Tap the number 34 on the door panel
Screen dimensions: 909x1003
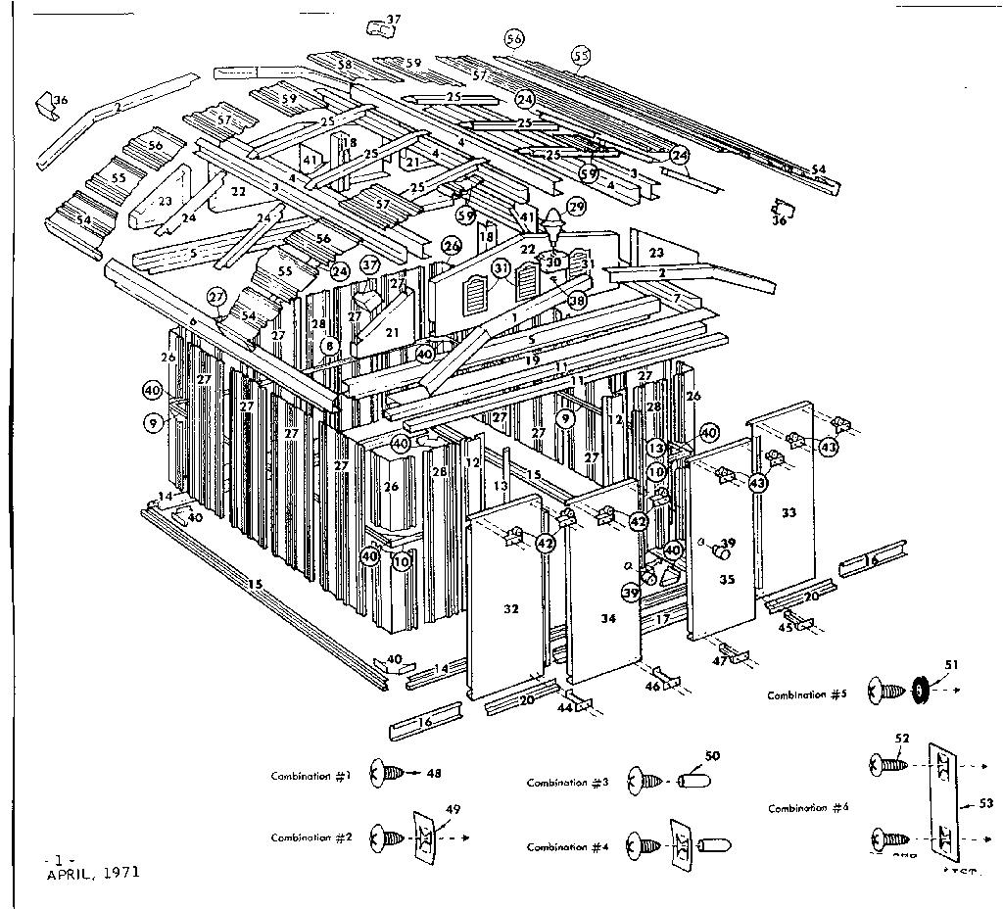(x=606, y=618)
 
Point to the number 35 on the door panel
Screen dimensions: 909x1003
(x=727, y=580)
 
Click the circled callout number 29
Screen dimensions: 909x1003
(x=576, y=207)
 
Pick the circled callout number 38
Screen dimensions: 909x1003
(x=577, y=302)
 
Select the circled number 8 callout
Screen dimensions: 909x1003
(x=330, y=346)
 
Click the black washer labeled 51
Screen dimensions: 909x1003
(x=920, y=691)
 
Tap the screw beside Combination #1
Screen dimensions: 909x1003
(x=385, y=774)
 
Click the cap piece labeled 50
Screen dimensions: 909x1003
(x=693, y=782)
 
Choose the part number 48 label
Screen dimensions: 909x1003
(x=434, y=774)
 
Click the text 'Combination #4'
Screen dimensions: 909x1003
(x=567, y=847)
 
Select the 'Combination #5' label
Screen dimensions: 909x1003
(x=806, y=694)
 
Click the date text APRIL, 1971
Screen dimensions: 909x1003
(x=92, y=872)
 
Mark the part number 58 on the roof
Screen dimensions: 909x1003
(x=344, y=65)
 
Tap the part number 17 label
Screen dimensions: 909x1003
(x=662, y=619)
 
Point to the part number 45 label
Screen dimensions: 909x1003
(x=785, y=628)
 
